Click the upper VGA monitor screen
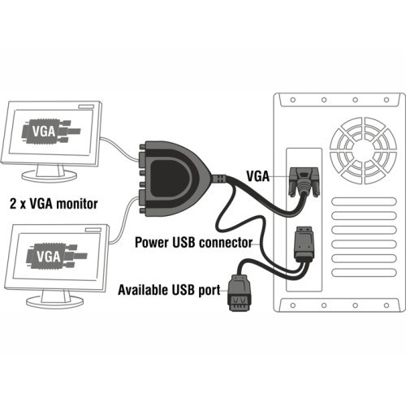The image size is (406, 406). [x=54, y=133]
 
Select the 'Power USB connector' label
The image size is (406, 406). [x=194, y=241]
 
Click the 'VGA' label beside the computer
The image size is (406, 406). [x=258, y=174]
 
